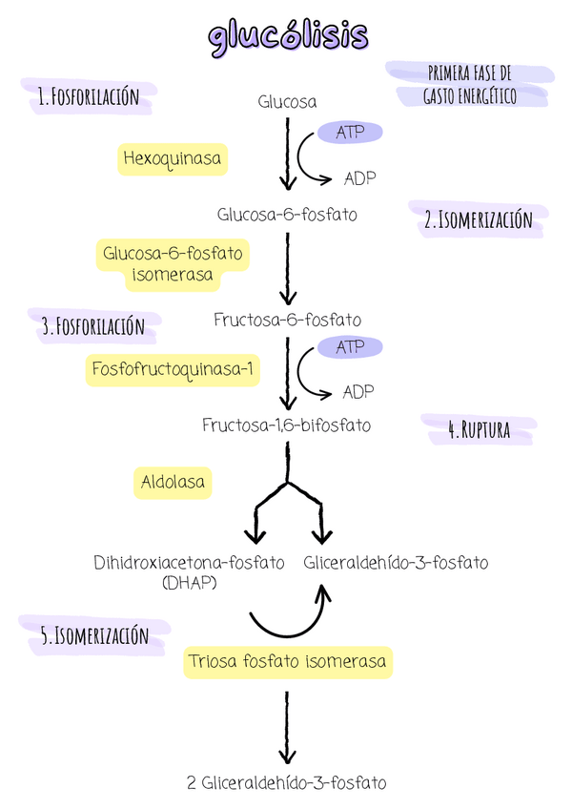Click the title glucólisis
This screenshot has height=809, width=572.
pyautogui.click(x=287, y=35)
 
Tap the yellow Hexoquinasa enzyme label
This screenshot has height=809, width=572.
pyautogui.click(x=174, y=158)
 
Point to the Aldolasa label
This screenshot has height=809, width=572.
pyautogui.click(x=173, y=483)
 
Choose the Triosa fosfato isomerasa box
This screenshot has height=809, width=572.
pyautogui.click(x=287, y=661)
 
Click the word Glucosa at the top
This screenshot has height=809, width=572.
pyautogui.click(x=287, y=102)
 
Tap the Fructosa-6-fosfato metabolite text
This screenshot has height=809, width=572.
pyautogui.click(x=287, y=320)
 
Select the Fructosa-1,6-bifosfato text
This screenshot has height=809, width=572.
pyautogui.click(x=286, y=425)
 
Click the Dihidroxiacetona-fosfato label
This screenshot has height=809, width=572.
pyautogui.click(x=189, y=563)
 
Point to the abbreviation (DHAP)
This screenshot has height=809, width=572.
pyautogui.click(x=190, y=582)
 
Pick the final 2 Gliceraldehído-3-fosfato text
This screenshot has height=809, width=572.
pyautogui.click(x=287, y=783)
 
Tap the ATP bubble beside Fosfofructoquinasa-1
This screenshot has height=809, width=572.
pyautogui.click(x=349, y=347)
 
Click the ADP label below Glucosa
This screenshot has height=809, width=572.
pyautogui.click(x=358, y=177)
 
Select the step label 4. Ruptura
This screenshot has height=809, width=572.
pyautogui.click(x=479, y=430)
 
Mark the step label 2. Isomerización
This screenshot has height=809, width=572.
pyautogui.click(x=478, y=220)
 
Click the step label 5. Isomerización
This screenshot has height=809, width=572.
pyautogui.click(x=94, y=635)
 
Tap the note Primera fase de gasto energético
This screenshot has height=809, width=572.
pyautogui.click(x=470, y=85)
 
